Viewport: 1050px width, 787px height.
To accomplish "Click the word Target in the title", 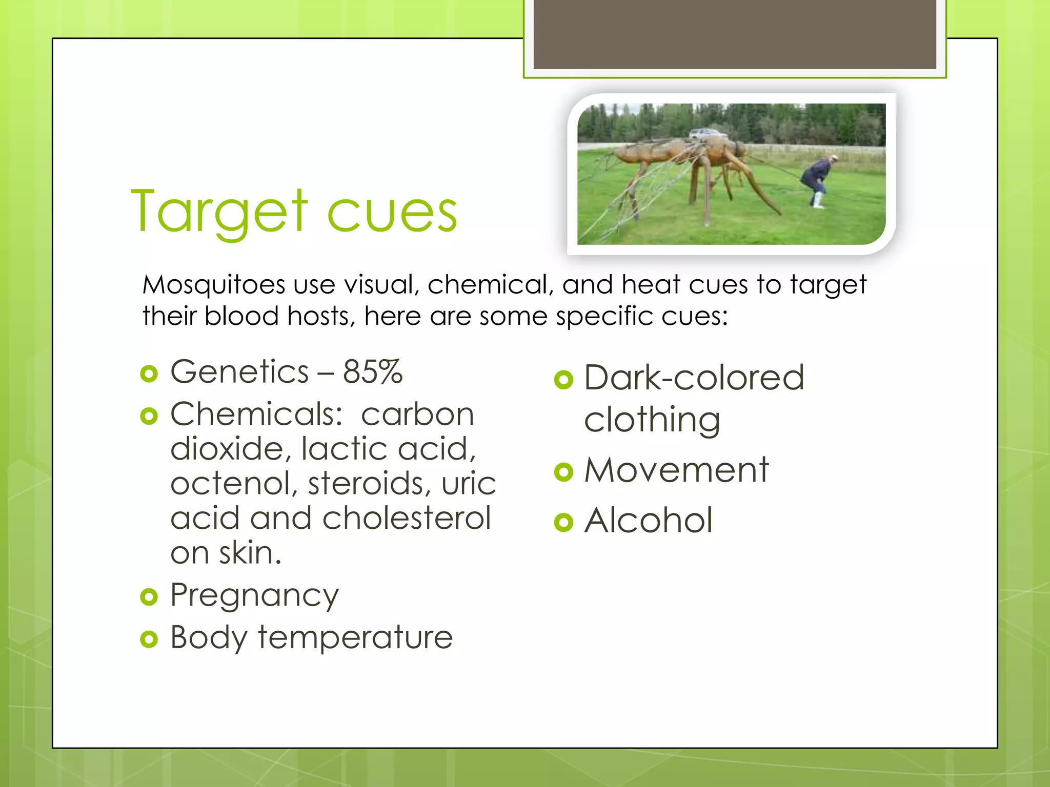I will click(219, 212).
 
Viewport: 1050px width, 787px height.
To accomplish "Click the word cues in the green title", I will click(392, 213).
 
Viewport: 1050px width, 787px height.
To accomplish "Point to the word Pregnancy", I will click(254, 596).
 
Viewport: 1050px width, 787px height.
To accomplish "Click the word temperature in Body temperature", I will click(355, 637).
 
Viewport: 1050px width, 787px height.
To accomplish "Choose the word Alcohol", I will click(648, 521).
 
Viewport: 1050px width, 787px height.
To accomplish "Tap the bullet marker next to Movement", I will click(563, 472).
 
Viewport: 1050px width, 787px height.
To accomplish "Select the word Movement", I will click(676, 470).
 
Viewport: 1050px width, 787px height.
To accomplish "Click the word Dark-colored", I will click(694, 378).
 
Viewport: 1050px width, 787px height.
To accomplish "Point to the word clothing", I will click(652, 420).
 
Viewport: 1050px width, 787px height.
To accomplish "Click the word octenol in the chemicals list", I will click(234, 484).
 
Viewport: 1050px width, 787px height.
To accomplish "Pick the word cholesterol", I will click(407, 518).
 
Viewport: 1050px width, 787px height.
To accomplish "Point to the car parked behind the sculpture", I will click(707, 134).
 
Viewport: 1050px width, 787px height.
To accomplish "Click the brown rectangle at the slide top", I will click(734, 34).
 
